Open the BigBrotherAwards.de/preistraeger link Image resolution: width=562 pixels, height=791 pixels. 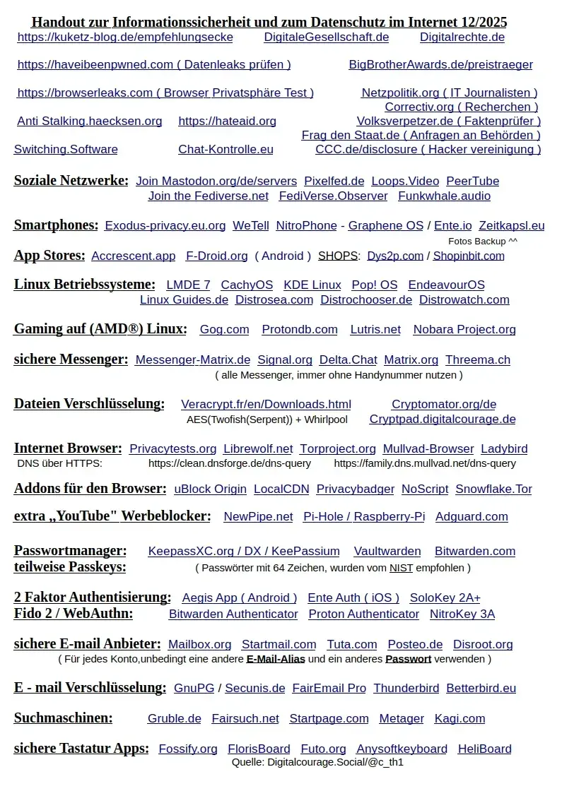coord(440,65)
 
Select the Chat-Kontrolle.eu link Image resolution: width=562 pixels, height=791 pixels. coord(226,150)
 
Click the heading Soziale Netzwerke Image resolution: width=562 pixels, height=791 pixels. coord(71,181)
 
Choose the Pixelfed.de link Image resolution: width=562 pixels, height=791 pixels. coord(334,182)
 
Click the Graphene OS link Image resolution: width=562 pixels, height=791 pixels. coord(385,226)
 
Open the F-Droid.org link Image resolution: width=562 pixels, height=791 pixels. coord(216,256)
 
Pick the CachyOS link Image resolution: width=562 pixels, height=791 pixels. coord(247,285)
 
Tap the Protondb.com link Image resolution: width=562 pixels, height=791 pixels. coord(300,330)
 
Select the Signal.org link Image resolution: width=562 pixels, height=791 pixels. coord(285,360)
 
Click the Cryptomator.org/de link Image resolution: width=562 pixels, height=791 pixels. coord(444,405)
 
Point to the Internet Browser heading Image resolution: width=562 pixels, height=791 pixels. coord(67,448)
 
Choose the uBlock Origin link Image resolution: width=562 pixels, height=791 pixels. coord(210,489)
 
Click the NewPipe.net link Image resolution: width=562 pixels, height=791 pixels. coord(258,517)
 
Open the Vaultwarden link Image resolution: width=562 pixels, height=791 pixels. coord(387,552)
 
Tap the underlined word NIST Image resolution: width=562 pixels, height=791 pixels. coord(401,568)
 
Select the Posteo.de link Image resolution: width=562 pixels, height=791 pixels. coord(415,645)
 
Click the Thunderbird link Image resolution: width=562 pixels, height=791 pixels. coord(406,689)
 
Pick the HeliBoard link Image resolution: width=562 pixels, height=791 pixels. coord(484,749)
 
